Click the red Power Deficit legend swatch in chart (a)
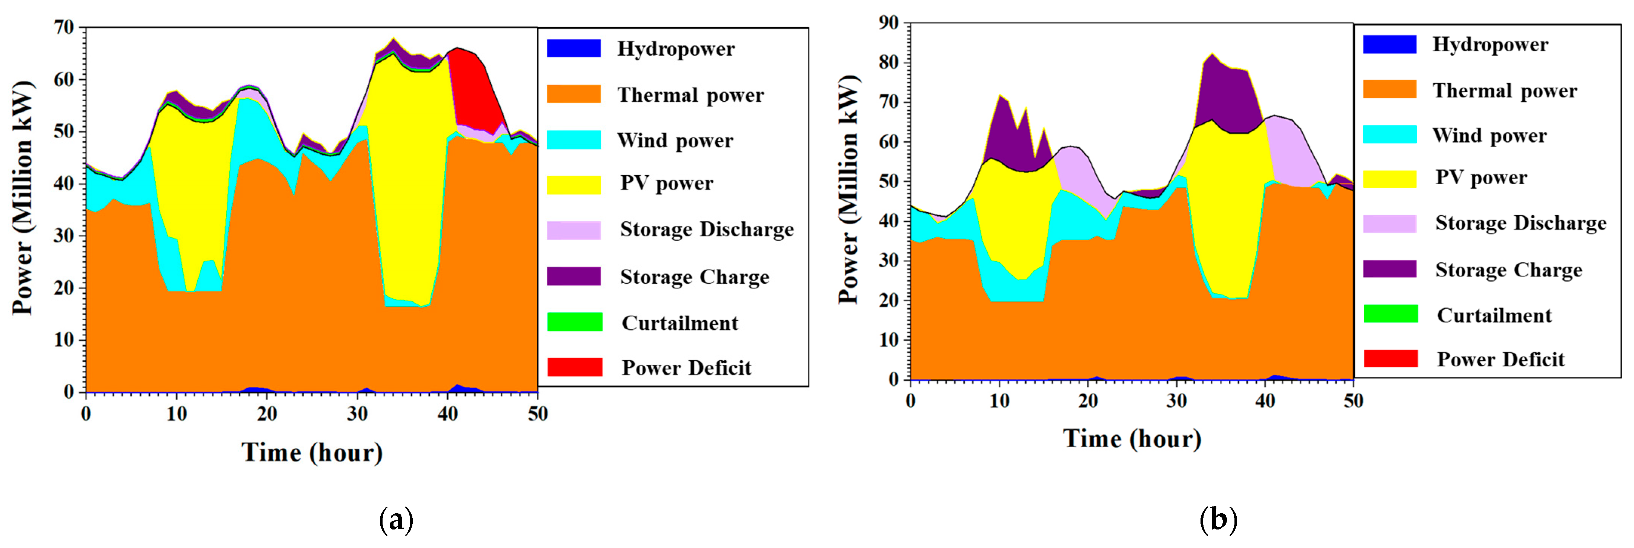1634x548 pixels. (575, 367)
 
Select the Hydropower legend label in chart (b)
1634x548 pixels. (1490, 45)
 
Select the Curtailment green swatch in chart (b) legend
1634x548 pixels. (1390, 314)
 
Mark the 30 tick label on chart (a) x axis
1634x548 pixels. (357, 414)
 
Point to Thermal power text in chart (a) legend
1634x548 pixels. (691, 95)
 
